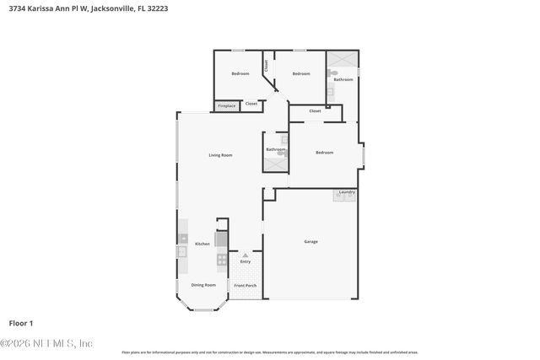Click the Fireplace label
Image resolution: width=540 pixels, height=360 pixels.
pyautogui.click(x=226, y=106)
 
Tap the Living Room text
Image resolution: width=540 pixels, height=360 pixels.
pyautogui.click(x=220, y=155)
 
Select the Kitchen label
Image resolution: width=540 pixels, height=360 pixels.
pyautogui.click(x=202, y=244)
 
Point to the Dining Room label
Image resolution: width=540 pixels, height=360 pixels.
pyautogui.click(x=203, y=285)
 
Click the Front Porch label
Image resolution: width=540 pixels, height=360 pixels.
pyautogui.click(x=246, y=285)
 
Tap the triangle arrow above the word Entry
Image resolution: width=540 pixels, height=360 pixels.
pyautogui.click(x=246, y=255)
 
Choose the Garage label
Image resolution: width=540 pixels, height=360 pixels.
pyautogui.click(x=310, y=242)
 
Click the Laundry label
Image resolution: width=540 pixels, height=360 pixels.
pyautogui.click(x=346, y=192)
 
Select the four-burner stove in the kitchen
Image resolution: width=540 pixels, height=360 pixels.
pyautogui.click(x=221, y=259)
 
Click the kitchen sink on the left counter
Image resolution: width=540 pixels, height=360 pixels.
pyautogui.click(x=181, y=251)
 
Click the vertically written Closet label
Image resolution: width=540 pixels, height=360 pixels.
pyautogui.click(x=267, y=64)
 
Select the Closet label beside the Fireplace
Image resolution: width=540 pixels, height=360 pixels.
pyautogui.click(x=251, y=104)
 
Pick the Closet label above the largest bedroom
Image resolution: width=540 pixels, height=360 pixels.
pyautogui.click(x=315, y=110)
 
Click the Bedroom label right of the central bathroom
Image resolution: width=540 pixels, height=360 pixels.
pyautogui.click(x=324, y=153)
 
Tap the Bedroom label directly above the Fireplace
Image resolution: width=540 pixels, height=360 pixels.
pyautogui.click(x=240, y=74)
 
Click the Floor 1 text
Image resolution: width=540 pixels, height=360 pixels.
pyautogui.click(x=20, y=323)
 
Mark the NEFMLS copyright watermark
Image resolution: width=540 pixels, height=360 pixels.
pyautogui.click(x=46, y=343)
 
